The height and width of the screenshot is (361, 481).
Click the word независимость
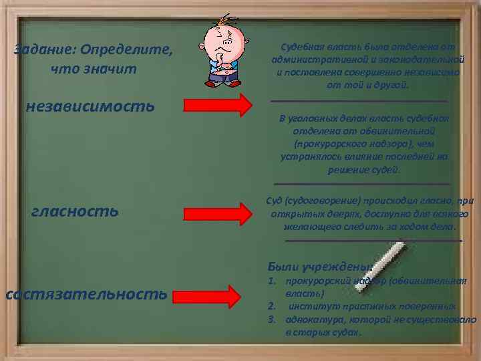pyautogui.click(x=90, y=106)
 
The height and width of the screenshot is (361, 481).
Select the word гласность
pyautogui.click(x=75, y=211)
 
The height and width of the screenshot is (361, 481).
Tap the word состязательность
pyautogui.click(x=87, y=293)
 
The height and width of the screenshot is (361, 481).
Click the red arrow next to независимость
pyautogui.click(x=218, y=105)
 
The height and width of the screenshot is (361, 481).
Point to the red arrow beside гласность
pyautogui.click(x=218, y=213)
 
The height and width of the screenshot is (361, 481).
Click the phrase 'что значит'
pyautogui.click(x=94, y=69)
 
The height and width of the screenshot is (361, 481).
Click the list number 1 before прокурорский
pyautogui.click(x=271, y=281)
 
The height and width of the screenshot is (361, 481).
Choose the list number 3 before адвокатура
pyautogui.click(x=271, y=320)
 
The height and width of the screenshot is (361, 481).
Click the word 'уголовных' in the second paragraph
pyautogui.click(x=315, y=118)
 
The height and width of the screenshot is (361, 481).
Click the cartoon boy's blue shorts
pyautogui.click(x=222, y=80)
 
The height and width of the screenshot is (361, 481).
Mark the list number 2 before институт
pyautogui.click(x=271, y=307)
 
